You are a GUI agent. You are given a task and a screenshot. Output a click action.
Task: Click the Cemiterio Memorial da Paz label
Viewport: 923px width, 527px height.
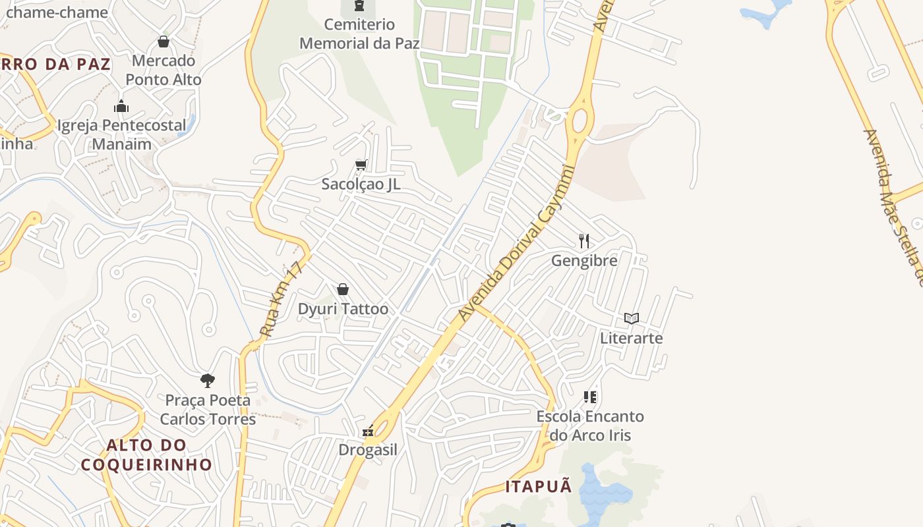pyautogui.click(x=359, y=34)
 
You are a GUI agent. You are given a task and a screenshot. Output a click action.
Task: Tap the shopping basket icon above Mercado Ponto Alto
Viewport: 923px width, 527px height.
pyautogui.click(x=164, y=42)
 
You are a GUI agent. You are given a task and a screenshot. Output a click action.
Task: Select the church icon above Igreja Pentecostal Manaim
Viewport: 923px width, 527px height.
pyautogui.click(x=121, y=106)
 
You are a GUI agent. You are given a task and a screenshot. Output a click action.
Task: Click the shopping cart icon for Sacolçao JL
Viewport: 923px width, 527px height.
pyautogui.click(x=361, y=165)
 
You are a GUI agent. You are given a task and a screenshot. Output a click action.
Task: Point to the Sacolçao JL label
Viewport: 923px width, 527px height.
pyautogui.click(x=361, y=184)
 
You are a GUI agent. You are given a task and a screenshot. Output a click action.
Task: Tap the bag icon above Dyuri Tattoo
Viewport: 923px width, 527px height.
pyautogui.click(x=343, y=289)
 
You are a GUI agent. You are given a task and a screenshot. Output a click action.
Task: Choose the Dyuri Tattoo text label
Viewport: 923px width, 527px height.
pyautogui.click(x=343, y=309)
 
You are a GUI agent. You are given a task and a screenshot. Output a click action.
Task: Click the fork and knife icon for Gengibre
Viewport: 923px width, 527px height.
pyautogui.click(x=583, y=240)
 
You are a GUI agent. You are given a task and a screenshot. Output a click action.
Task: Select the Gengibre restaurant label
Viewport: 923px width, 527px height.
pyautogui.click(x=584, y=260)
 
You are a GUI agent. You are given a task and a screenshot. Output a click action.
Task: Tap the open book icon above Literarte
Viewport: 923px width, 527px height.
pyautogui.click(x=632, y=319)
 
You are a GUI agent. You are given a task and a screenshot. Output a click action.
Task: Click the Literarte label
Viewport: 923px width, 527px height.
pyautogui.click(x=631, y=338)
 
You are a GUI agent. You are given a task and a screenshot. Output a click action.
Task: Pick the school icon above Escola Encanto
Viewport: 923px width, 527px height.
pyautogui.click(x=589, y=397)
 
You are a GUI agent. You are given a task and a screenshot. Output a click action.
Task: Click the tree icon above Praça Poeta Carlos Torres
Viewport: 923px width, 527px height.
pyautogui.click(x=208, y=380)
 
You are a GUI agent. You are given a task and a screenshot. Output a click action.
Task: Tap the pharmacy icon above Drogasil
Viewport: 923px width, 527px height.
pyautogui.click(x=369, y=431)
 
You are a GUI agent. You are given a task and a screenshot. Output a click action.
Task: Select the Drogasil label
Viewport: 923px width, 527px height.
pyautogui.click(x=368, y=450)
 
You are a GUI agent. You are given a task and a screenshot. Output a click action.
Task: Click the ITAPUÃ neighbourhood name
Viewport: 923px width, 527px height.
pyautogui.click(x=539, y=487)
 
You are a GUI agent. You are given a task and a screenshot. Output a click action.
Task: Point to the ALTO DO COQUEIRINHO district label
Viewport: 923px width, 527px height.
pyautogui.click(x=146, y=455)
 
